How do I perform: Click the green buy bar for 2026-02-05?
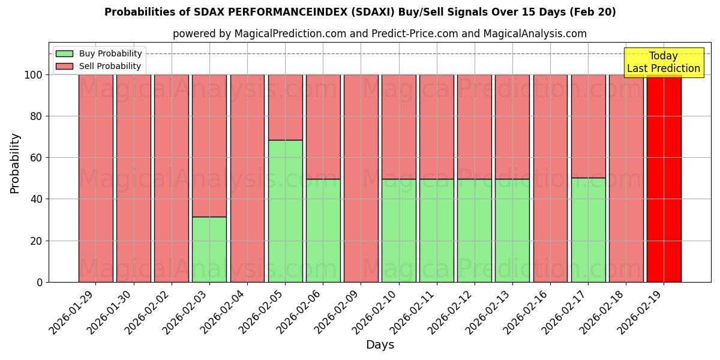click(x=285, y=211)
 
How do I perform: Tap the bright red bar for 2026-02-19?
click(x=664, y=178)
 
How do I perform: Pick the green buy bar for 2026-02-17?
click(x=588, y=230)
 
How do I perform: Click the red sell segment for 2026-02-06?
click(x=323, y=127)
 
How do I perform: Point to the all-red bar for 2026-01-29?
click(x=96, y=178)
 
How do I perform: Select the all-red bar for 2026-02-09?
click(x=361, y=178)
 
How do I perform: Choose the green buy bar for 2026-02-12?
click(x=474, y=230)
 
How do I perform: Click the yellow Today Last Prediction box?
click(x=663, y=62)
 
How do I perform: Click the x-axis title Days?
click(x=380, y=345)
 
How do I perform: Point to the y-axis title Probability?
click(x=15, y=163)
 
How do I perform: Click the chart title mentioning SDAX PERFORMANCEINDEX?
click(x=360, y=12)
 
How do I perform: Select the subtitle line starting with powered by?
click(x=379, y=34)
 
